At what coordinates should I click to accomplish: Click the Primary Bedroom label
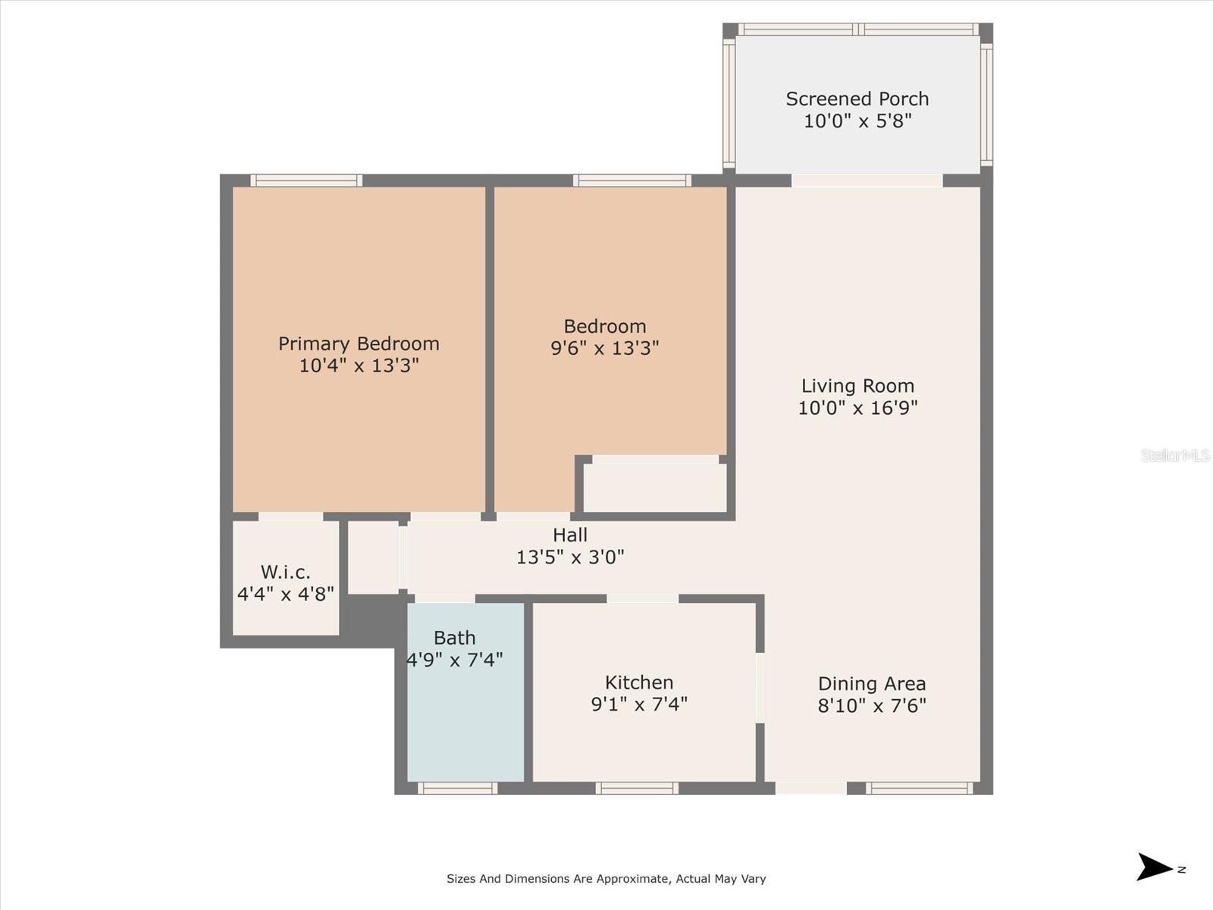click(359, 344)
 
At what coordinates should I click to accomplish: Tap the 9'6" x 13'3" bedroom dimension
click(604, 348)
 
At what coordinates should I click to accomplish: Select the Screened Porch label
click(857, 99)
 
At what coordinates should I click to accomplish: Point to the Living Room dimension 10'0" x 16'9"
click(857, 408)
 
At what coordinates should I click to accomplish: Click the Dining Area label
click(872, 684)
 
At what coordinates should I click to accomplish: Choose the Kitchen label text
click(639, 682)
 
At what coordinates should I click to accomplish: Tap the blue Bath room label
click(455, 638)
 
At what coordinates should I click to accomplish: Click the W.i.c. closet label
click(285, 572)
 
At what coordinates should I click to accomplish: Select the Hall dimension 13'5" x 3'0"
click(570, 557)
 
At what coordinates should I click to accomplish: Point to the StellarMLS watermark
click(1174, 455)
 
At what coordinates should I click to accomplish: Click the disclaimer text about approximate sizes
click(606, 879)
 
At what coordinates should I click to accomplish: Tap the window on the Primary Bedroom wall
click(306, 180)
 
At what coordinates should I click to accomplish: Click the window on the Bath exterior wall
click(457, 789)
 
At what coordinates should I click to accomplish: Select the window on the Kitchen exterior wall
click(637, 789)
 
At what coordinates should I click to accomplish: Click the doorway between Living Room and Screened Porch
click(867, 180)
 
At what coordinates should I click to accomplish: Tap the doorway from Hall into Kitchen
click(642, 598)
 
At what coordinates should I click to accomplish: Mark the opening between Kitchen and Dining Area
click(760, 688)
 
